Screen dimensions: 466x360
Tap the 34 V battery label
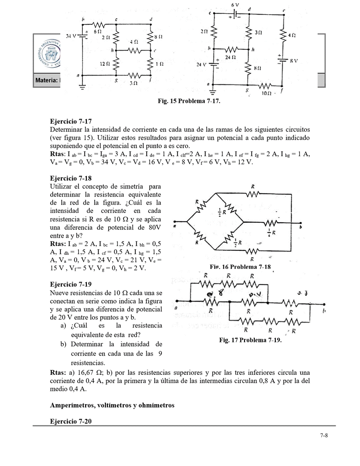pyautogui.click(x=71, y=35)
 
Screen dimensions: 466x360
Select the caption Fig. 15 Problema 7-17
pyautogui.click(x=189, y=101)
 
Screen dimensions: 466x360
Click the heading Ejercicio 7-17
pyautogui.click(x=71, y=121)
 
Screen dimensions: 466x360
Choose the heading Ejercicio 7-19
pyautogui.click(x=71, y=284)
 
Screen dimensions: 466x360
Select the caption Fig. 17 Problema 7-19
pyautogui.click(x=250, y=340)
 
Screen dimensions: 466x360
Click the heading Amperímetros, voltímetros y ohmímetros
pyautogui.click(x=112, y=405)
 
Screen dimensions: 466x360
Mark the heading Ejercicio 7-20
pyautogui.click(x=71, y=421)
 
